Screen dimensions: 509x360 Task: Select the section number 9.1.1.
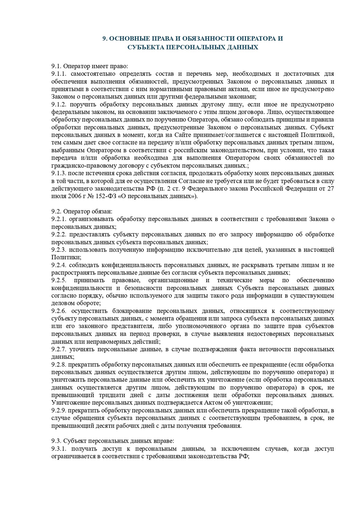click(60, 74)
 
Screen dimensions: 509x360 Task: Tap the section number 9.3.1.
click(60, 449)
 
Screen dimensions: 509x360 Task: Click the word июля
click(57, 196)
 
